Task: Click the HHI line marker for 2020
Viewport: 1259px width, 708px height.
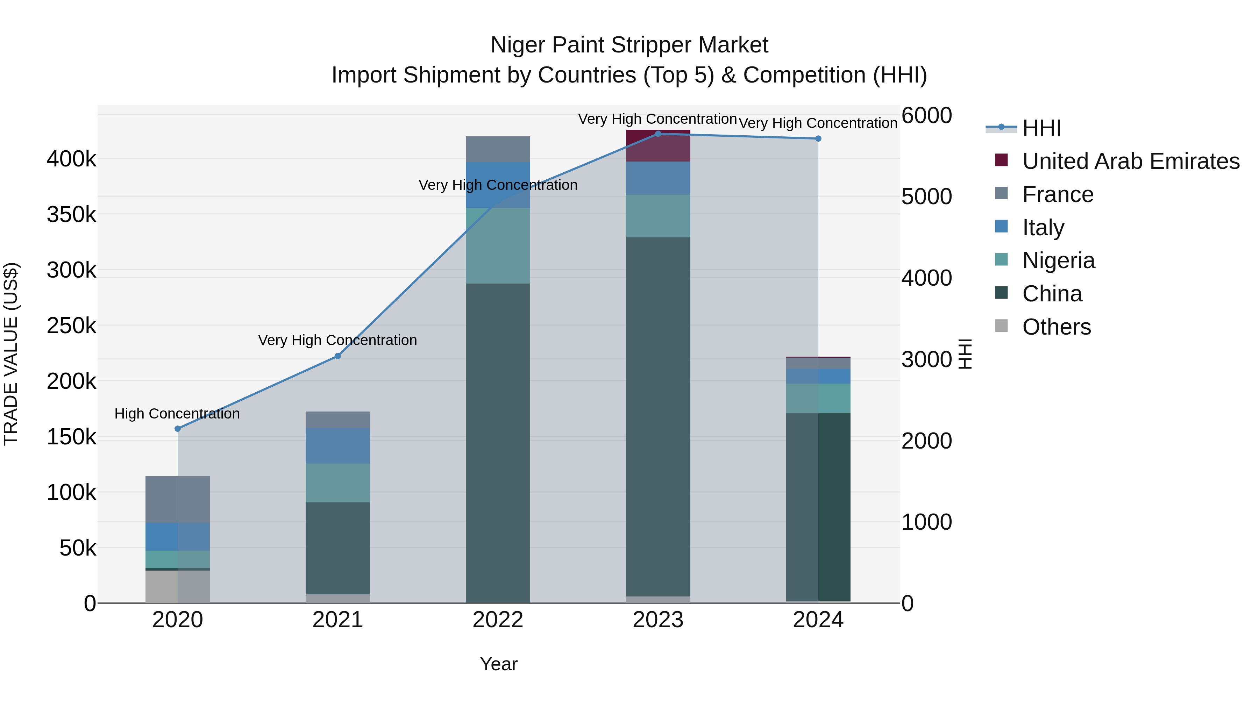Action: (x=177, y=429)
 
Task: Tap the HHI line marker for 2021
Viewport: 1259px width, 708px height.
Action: (x=338, y=356)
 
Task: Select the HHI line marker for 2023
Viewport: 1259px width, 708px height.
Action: (x=658, y=134)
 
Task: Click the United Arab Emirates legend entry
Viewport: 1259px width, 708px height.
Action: (x=1130, y=161)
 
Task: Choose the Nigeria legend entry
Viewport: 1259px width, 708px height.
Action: (x=1058, y=260)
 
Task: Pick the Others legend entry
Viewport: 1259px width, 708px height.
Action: (x=1056, y=327)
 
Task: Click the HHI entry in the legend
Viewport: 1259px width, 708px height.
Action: (x=1041, y=128)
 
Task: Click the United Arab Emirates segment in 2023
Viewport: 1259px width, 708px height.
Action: (x=658, y=145)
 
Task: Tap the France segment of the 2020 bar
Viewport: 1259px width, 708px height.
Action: (x=177, y=499)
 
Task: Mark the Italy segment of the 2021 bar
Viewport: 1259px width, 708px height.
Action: (x=338, y=446)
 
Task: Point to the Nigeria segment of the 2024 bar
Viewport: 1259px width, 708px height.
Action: (x=818, y=398)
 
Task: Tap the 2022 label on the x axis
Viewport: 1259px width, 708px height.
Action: (x=498, y=620)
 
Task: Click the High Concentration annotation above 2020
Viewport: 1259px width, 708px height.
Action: (x=177, y=414)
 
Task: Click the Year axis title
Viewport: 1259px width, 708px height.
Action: (x=498, y=664)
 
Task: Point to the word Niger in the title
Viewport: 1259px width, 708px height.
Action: (x=518, y=45)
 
